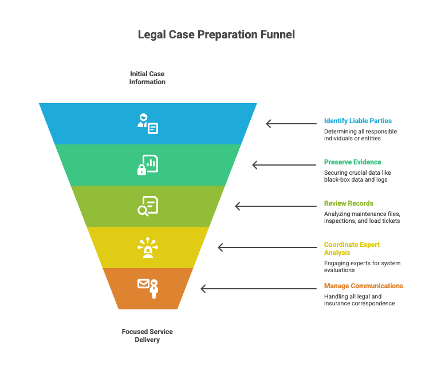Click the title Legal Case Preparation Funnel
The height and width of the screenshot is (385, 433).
pyautogui.click(x=216, y=34)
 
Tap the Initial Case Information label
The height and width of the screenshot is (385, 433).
pyautogui.click(x=147, y=78)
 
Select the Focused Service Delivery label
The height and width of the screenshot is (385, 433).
pyautogui.click(x=147, y=336)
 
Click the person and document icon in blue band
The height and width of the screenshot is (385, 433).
pyautogui.click(x=147, y=124)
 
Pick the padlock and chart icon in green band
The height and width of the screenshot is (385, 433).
pyautogui.click(x=147, y=165)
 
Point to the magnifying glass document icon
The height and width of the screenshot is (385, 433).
pyautogui.click(x=147, y=206)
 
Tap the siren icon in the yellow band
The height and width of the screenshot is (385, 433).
pyautogui.click(x=148, y=247)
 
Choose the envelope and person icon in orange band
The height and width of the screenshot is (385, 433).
pyautogui.click(x=148, y=288)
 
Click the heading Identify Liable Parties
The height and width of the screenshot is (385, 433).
pyautogui.click(x=358, y=121)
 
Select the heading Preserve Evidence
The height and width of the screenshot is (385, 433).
pyautogui.click(x=352, y=162)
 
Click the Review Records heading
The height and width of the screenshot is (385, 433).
pyautogui.click(x=349, y=203)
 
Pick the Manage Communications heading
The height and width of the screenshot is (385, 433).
pyautogui.click(x=363, y=286)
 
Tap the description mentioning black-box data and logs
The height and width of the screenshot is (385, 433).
pyautogui.click(x=357, y=176)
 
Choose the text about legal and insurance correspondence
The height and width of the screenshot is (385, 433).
pyautogui.click(x=359, y=300)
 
